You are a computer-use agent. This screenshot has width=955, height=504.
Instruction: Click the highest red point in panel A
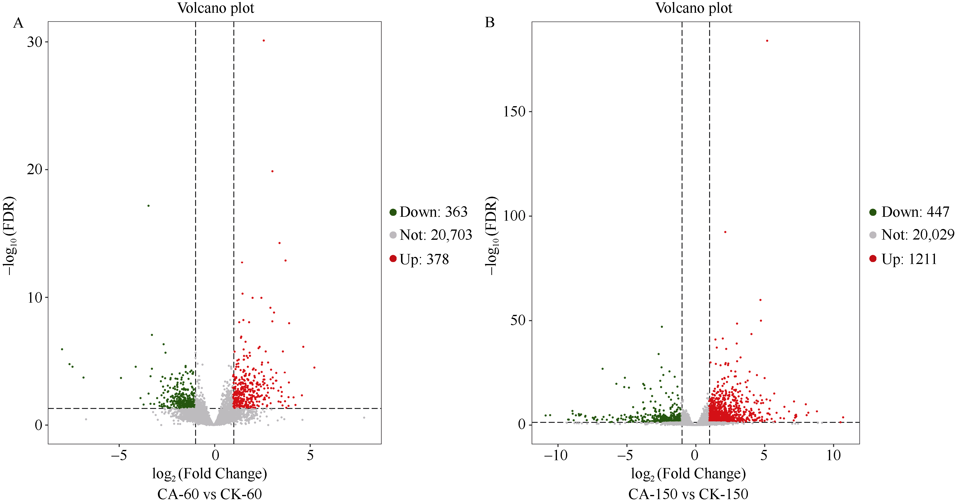[264, 40]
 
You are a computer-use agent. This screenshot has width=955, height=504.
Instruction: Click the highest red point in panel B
[767, 41]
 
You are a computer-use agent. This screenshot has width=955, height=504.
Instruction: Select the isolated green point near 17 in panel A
[149, 206]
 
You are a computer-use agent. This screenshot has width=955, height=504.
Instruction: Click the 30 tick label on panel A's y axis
[35, 42]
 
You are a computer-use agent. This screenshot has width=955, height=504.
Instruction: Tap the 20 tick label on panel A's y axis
[35, 170]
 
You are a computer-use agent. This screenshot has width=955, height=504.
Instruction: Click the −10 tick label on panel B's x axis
[556, 455]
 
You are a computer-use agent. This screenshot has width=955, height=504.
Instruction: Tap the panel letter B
[490, 23]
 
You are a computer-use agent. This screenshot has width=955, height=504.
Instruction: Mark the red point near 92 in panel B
[725, 232]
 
